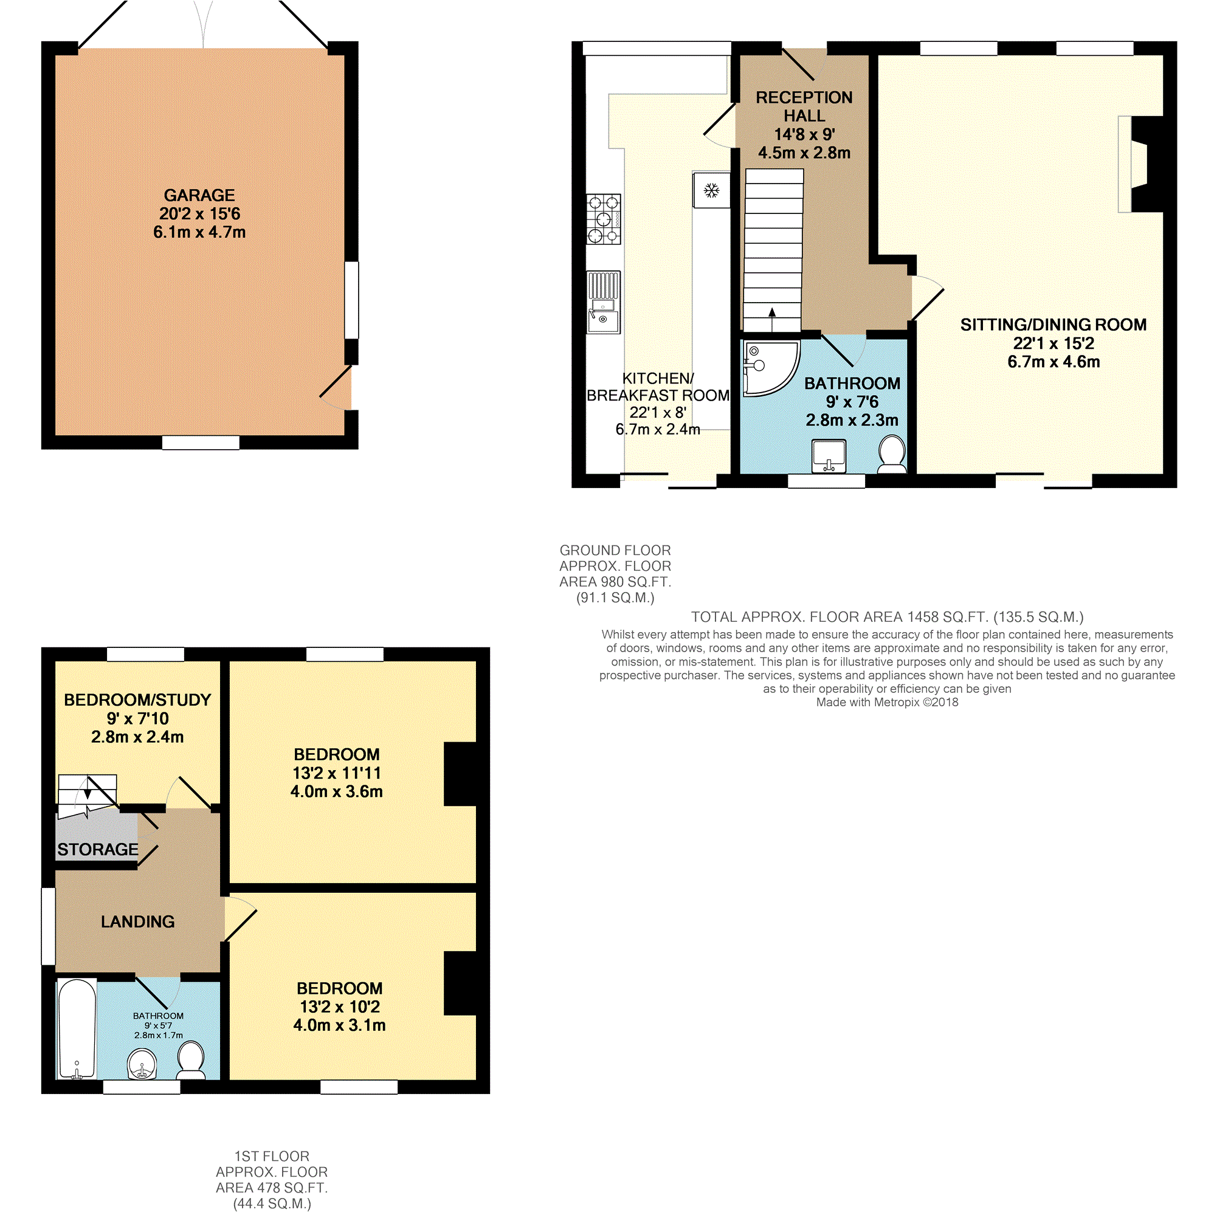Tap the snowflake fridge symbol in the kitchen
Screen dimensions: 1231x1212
click(x=711, y=190)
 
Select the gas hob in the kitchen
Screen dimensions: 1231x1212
click(x=604, y=219)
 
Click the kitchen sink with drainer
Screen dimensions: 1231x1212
click(x=604, y=302)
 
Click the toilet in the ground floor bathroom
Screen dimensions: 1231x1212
click(x=892, y=453)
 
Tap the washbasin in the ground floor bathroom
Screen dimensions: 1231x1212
click(x=829, y=456)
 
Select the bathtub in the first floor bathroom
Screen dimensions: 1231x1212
click(x=77, y=1029)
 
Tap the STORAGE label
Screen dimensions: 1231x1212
click(x=97, y=849)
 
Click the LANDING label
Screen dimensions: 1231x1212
click(x=137, y=921)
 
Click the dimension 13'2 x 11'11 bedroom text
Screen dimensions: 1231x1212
click(x=337, y=773)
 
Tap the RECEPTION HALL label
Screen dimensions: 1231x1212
click(x=804, y=106)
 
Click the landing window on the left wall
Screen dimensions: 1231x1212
click(x=49, y=926)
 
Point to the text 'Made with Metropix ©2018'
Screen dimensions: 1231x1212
click(x=887, y=702)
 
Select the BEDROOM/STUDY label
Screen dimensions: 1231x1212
click(x=137, y=700)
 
